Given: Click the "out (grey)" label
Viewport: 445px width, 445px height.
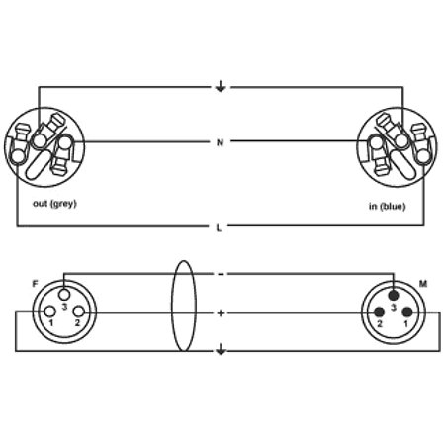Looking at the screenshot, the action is coord(54,204).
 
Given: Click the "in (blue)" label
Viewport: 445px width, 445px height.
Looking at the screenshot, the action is coord(387,207).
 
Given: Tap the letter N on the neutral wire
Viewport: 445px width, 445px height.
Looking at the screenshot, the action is coord(220,143).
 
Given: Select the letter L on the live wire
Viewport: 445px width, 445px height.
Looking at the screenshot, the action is coord(219,227).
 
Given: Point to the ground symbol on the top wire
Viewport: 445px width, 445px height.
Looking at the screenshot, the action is coord(221,86).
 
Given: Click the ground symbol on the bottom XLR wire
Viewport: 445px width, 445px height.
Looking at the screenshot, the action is coord(221,349).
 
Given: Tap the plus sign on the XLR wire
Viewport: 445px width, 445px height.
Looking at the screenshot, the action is coord(221,313).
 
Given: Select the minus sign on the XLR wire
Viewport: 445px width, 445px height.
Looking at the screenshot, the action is coord(221,274).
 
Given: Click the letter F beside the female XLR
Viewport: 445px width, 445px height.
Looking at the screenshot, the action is coord(35,284).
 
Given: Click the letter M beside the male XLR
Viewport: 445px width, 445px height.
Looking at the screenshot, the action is coord(423,284).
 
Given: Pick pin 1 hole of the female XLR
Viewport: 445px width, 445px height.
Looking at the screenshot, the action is coord(50,311).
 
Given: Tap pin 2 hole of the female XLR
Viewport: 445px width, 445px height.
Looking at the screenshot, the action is coord(78,311).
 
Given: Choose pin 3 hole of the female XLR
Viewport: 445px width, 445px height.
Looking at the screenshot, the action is coord(64,294).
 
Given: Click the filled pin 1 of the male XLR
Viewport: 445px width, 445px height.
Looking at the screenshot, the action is coord(407,311).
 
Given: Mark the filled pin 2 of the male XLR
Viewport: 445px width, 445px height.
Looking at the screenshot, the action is coord(380,311).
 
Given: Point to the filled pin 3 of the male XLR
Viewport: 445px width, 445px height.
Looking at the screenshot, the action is coord(394,295).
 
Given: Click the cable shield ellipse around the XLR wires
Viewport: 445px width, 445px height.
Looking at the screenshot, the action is coord(172,307).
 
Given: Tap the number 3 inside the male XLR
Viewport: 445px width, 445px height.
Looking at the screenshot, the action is coord(394,308).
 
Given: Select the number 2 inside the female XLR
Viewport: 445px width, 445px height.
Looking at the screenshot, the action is coord(77,323).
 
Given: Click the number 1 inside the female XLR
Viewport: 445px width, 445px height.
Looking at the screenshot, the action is coord(51,323).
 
